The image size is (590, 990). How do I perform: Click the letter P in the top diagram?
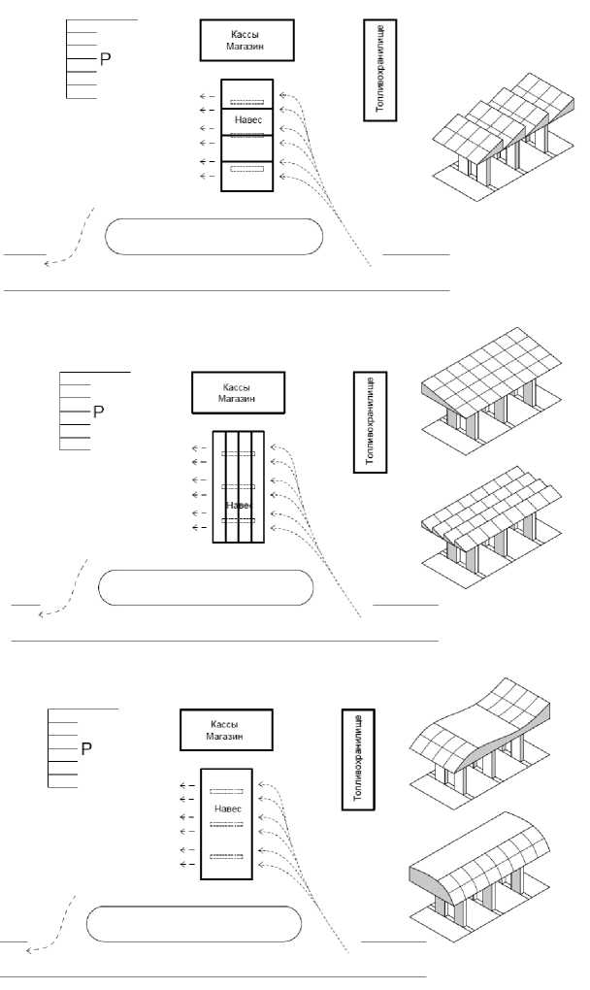coord(106,60)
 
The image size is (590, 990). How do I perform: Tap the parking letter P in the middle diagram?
coord(98,412)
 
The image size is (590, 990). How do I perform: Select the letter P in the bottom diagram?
coord(86,749)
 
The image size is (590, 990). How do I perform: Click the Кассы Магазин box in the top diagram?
coord(246,41)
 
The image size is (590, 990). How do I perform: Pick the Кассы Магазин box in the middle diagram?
coord(238,393)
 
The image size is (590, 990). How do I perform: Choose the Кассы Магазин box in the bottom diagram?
coord(226,730)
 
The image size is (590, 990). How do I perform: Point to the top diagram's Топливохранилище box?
coord(379,70)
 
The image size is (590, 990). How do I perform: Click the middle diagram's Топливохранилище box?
coord(370,422)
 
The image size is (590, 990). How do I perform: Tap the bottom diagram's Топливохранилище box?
coord(358,760)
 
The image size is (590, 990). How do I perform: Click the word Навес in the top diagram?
coord(247,120)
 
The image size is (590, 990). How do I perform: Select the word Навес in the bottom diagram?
coord(228,808)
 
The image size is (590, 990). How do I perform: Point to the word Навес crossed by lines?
coord(239,506)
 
